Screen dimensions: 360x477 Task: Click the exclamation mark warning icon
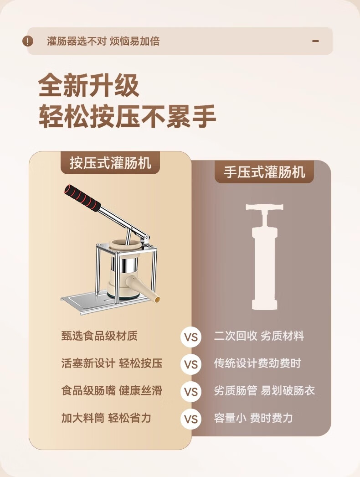(x=28, y=41)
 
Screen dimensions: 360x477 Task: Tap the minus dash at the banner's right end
(x=316, y=41)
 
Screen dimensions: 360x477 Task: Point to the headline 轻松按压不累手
(x=128, y=116)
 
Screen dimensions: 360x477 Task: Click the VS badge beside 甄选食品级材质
(x=191, y=337)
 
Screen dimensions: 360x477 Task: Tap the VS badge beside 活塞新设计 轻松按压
(x=191, y=364)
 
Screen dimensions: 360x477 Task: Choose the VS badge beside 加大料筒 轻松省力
(x=191, y=419)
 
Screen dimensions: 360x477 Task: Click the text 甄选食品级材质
(x=99, y=336)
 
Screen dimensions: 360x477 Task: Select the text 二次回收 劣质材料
(x=259, y=336)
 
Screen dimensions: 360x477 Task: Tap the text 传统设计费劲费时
(x=257, y=363)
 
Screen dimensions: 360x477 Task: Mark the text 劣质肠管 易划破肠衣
(x=264, y=390)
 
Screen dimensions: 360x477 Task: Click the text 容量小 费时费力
(x=253, y=418)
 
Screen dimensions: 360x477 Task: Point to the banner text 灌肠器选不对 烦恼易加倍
(x=103, y=41)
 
